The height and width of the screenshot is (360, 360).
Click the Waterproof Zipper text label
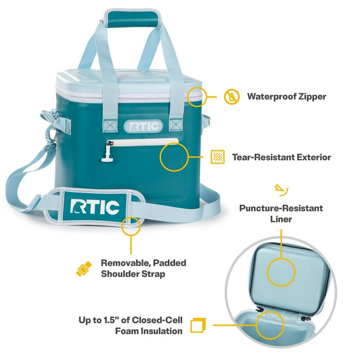pyautogui.click(x=286, y=97)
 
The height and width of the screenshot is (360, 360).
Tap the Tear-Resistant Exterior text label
pyautogui.click(x=281, y=157)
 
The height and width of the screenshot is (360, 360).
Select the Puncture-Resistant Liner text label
pyautogui.click(x=281, y=213)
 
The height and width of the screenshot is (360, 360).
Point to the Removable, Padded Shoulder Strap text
pyautogui.click(x=143, y=268)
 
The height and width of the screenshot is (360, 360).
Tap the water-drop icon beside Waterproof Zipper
pyautogui.click(x=231, y=97)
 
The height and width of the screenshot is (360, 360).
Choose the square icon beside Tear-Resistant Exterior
pyautogui.click(x=217, y=157)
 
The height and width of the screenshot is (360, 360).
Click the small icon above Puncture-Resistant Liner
pyautogui.click(x=281, y=190)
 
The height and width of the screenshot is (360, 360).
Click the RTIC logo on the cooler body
pyautogui.click(x=143, y=126)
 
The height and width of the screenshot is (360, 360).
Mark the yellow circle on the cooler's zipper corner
pyautogui.click(x=196, y=96)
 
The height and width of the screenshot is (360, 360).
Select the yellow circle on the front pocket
pyautogui.click(x=174, y=157)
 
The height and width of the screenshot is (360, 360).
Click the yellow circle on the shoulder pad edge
pyautogui.click(x=131, y=225)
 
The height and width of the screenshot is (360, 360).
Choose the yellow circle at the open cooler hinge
pyautogui.click(x=270, y=324)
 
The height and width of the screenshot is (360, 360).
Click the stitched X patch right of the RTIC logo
pyautogui.click(x=176, y=125)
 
